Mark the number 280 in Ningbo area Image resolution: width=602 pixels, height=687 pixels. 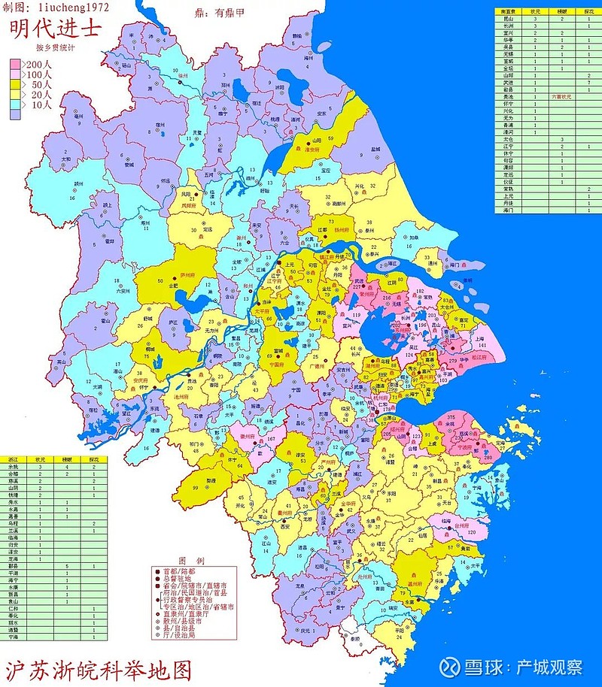click(x=487, y=458)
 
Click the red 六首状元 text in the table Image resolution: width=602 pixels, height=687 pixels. click(x=562, y=97)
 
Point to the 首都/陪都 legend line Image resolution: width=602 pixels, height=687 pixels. click(x=177, y=570)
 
